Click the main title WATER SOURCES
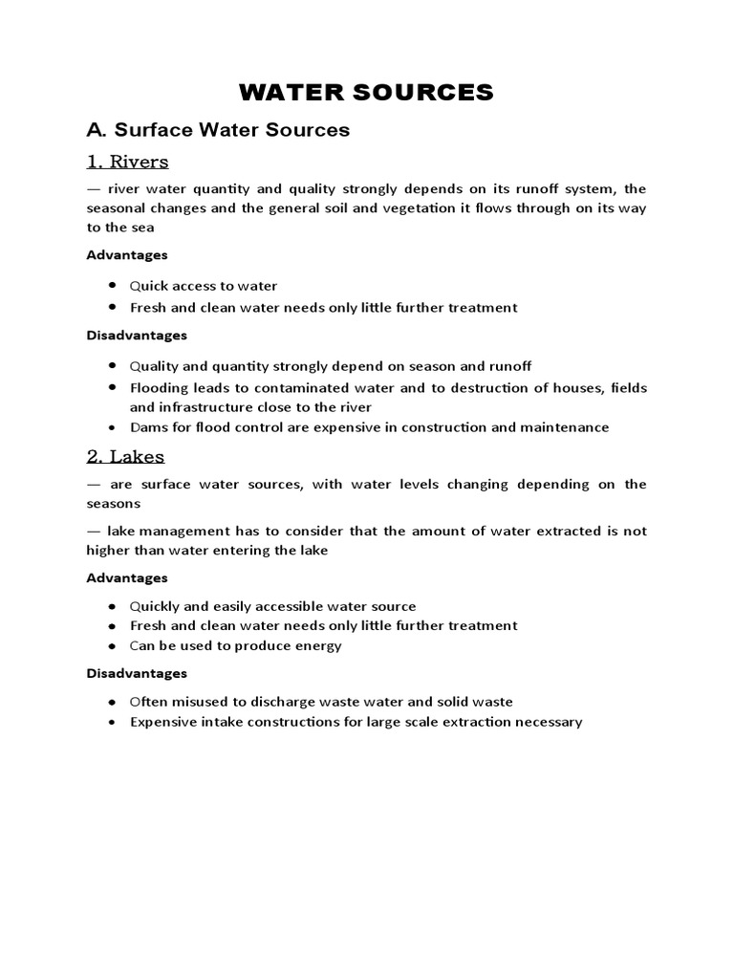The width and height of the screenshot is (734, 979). coord(366,92)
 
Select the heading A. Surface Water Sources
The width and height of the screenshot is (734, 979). coord(218,129)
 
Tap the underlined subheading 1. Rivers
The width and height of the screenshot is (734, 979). coord(127,161)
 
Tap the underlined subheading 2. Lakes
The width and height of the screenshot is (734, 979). coord(125,456)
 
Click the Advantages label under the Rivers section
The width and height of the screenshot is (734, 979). coord(126,255)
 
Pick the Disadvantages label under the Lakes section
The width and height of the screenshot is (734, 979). coord(136,673)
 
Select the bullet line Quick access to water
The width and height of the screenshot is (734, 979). coord(203,286)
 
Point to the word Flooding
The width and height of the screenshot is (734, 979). coord(159,387)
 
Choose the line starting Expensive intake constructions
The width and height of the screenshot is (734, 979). coord(356,722)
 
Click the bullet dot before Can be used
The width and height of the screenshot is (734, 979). coord(112,645)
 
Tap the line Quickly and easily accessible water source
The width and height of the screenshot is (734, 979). coord(272,606)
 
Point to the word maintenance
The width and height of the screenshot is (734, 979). coord(564,427)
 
